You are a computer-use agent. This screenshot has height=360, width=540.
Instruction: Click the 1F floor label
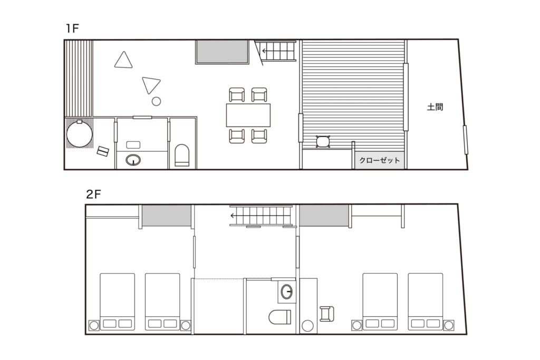click(x=73, y=28)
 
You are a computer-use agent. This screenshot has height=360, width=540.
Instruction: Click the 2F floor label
click(x=93, y=194)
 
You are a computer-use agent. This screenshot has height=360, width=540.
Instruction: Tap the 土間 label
click(x=435, y=107)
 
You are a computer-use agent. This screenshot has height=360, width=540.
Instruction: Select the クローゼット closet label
click(x=380, y=160)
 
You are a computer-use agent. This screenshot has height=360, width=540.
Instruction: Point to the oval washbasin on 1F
click(x=133, y=160)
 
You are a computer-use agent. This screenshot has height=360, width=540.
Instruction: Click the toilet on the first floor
click(x=182, y=155)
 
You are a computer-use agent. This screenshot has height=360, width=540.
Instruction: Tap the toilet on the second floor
click(x=279, y=317)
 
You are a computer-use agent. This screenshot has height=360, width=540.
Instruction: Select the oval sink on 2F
click(x=286, y=292)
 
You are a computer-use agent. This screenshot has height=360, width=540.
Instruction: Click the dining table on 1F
click(x=248, y=115)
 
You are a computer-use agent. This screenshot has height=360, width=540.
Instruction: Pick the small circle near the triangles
click(x=156, y=101)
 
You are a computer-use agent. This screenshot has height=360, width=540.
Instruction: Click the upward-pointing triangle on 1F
click(x=123, y=60)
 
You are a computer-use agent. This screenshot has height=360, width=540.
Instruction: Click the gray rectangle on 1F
click(x=222, y=52)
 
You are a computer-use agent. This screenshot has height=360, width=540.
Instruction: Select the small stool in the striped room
click(x=323, y=141)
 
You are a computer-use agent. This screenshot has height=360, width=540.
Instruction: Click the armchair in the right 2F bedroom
click(x=327, y=314)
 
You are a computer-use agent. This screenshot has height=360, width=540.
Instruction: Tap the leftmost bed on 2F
click(x=117, y=301)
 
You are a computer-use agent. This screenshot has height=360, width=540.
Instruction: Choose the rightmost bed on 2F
click(x=426, y=301)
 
